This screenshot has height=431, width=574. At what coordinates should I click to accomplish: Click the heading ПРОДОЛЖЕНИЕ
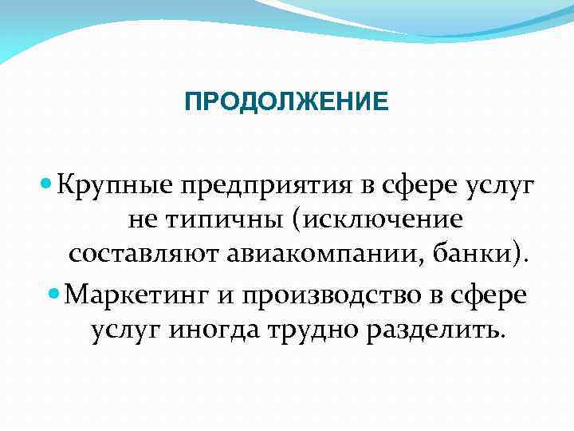(x=286, y=102)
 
